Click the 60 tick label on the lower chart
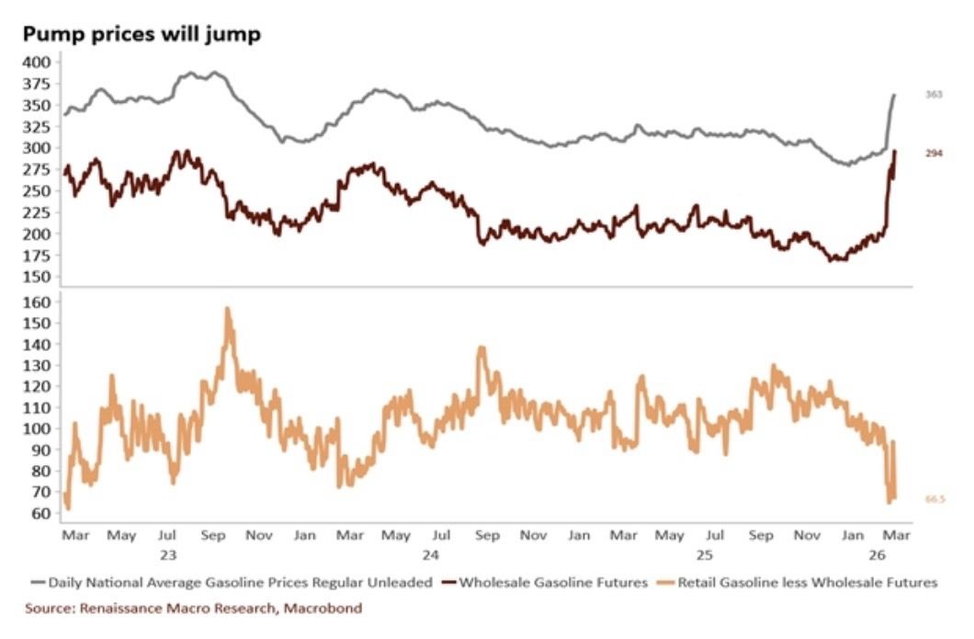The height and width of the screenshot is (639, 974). [x=42, y=513]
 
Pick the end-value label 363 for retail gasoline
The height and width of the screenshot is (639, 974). [x=934, y=95]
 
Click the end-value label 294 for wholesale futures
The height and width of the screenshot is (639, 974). [x=934, y=154]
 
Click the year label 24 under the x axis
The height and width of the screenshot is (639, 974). [x=430, y=554]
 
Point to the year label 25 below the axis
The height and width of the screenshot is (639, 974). [x=704, y=554]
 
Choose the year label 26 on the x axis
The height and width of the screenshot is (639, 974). [x=877, y=554]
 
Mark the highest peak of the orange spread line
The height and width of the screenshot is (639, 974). [x=228, y=310]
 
